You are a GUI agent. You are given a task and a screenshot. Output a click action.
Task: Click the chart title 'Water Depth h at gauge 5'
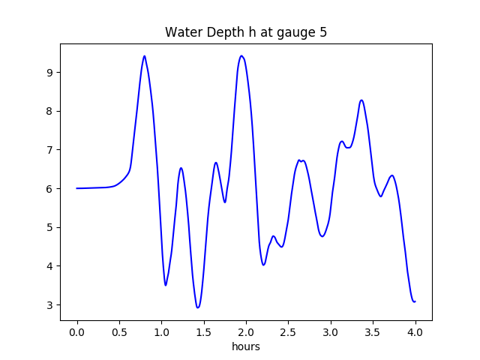tap(246, 32)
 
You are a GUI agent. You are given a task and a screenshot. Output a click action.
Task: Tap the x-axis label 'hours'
tap(246, 347)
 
